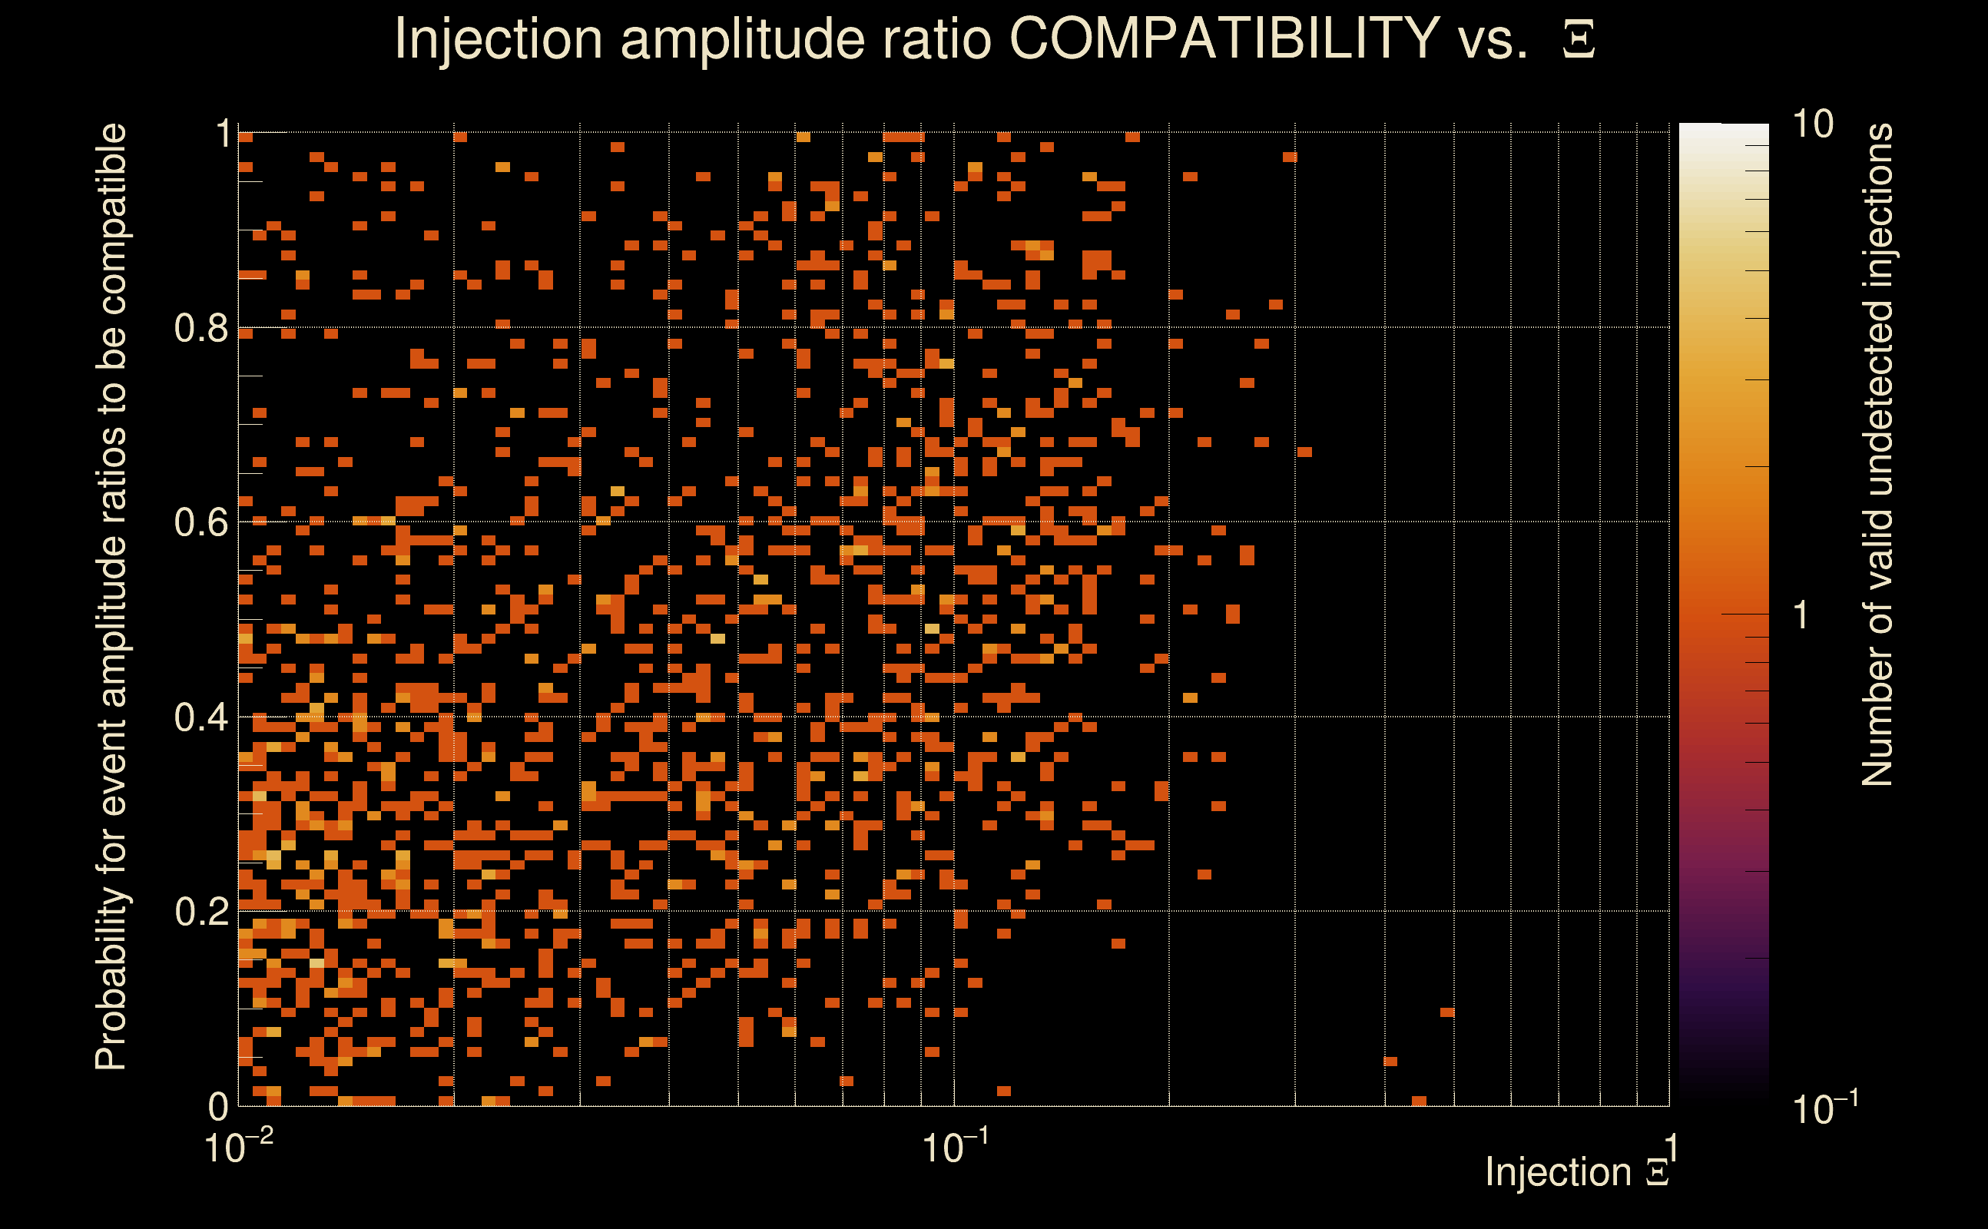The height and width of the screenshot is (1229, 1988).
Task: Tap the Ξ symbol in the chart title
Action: tap(1579, 39)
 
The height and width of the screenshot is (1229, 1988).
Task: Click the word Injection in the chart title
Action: tap(498, 38)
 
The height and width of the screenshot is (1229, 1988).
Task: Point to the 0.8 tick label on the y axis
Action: tap(201, 329)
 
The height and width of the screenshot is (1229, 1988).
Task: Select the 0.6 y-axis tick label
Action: tap(201, 522)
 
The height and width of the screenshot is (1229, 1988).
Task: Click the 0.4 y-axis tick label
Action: tap(201, 717)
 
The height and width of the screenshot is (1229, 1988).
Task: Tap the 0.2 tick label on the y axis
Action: tap(201, 912)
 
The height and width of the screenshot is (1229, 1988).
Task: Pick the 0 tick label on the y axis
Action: tap(219, 1106)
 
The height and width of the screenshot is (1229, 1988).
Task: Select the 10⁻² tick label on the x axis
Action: tap(238, 1147)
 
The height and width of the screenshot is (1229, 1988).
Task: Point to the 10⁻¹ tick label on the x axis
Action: tap(954, 1147)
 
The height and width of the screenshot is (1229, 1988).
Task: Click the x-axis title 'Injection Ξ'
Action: tap(1577, 1172)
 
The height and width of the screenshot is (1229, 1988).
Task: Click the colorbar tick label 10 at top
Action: tap(1812, 124)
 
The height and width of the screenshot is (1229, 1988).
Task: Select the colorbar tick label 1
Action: tap(1801, 615)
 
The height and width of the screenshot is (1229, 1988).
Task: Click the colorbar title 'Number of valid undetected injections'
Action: tap(1877, 455)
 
